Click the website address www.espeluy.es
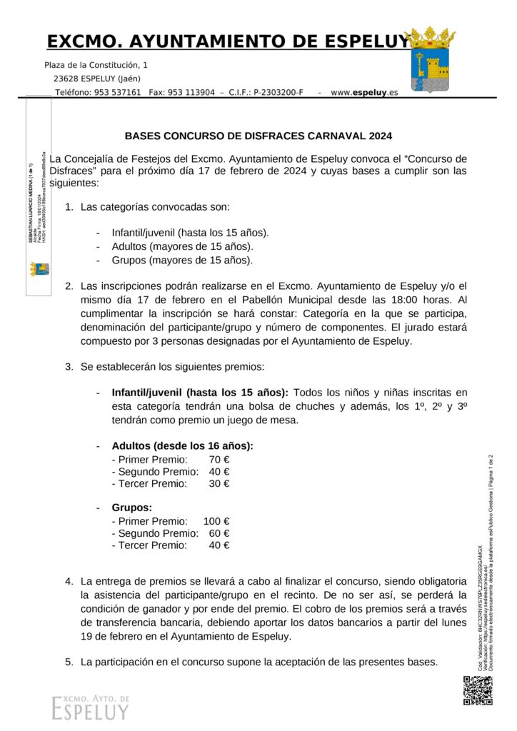[x=364, y=93]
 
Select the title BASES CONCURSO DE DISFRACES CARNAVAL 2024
[x=258, y=135]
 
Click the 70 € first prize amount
[x=219, y=460]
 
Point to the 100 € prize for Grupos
[x=216, y=521]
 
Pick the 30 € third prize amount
[x=219, y=484]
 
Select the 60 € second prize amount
[x=219, y=533]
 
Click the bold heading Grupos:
[x=132, y=508]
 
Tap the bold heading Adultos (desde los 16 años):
[x=183, y=446]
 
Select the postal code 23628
[x=66, y=79]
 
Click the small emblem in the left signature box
[x=39, y=269]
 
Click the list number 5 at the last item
[x=69, y=662]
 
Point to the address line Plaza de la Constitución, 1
[x=96, y=65]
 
